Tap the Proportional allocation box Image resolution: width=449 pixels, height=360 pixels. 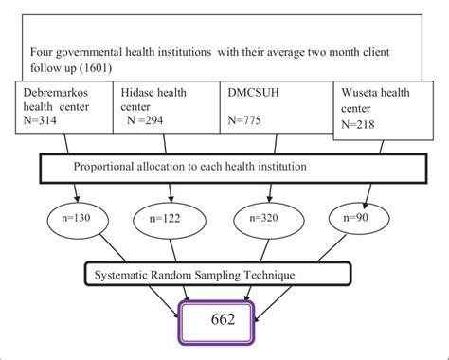[x=218, y=168]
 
